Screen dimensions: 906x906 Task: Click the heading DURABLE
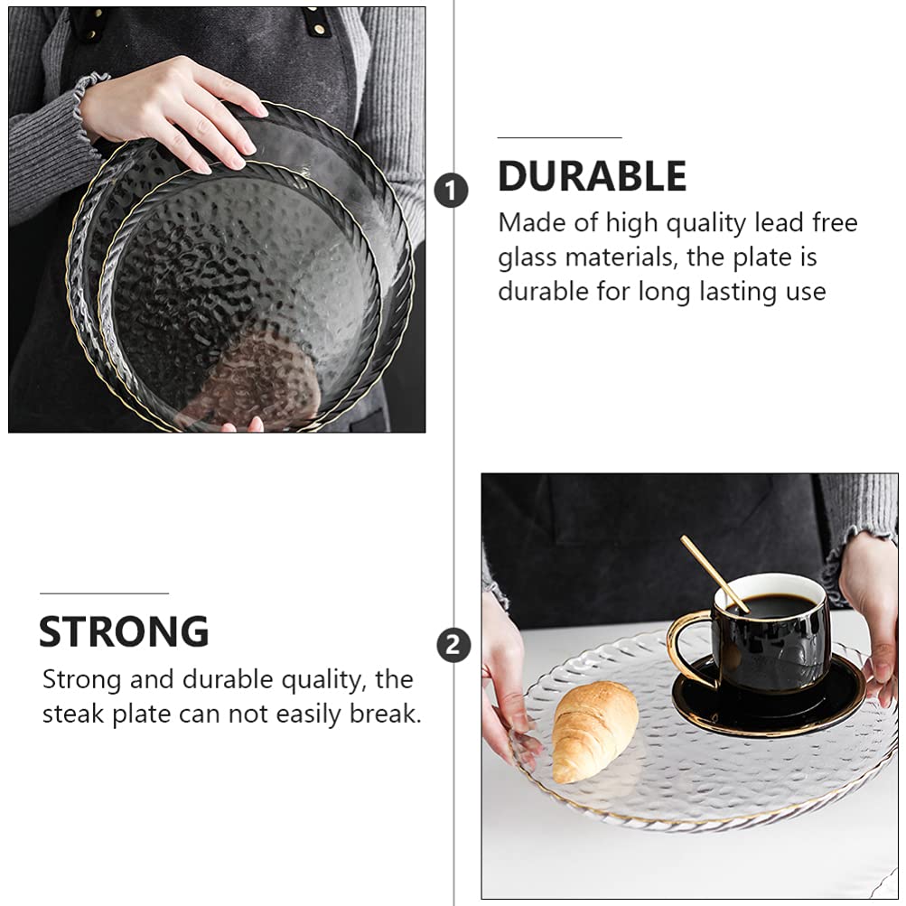pyautogui.click(x=593, y=175)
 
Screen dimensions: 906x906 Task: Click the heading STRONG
pyautogui.click(x=124, y=631)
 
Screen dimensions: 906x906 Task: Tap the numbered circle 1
pyautogui.click(x=451, y=191)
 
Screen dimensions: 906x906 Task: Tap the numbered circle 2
pyautogui.click(x=453, y=645)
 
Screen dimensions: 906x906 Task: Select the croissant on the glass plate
pyautogui.click(x=594, y=731)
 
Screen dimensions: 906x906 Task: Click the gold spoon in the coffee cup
pyautogui.click(x=715, y=573)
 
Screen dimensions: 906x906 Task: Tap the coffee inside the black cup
pyautogui.click(x=771, y=605)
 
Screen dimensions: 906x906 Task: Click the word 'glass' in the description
pyautogui.click(x=528, y=257)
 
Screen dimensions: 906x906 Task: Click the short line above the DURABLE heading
pyautogui.click(x=559, y=137)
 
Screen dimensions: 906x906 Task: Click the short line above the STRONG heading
pyautogui.click(x=104, y=593)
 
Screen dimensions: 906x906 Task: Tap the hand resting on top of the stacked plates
pyautogui.click(x=173, y=113)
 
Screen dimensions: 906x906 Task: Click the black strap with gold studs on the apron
pyautogui.click(x=320, y=22)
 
